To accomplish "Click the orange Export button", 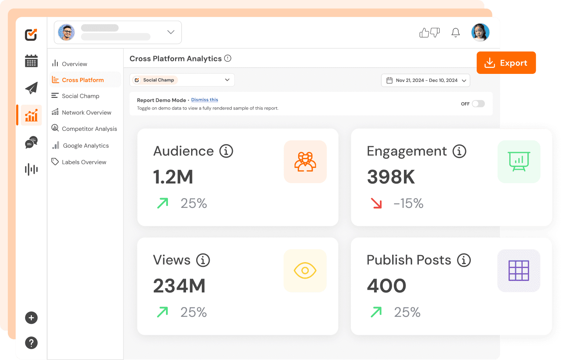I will [506, 63].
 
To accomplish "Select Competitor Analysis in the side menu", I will [89, 129].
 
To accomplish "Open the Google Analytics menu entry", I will [86, 145].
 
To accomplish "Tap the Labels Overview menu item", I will [84, 162].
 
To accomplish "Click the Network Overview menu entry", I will [87, 112].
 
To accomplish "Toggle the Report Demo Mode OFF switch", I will [478, 104].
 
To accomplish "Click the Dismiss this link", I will [205, 100].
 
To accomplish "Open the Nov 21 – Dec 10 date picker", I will [426, 80].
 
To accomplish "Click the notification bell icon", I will [455, 33].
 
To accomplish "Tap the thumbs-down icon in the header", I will [435, 32].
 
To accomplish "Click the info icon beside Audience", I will [226, 151].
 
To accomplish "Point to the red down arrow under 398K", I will [376, 203].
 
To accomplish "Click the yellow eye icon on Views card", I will [305, 270].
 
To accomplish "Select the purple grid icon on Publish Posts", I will [519, 270].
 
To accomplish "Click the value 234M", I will [179, 286].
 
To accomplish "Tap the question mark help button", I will [31, 343].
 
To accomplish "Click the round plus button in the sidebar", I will [31, 318].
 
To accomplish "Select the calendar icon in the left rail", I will [31, 61].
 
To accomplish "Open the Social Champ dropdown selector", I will [182, 80].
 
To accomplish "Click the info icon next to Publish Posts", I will [464, 260].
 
